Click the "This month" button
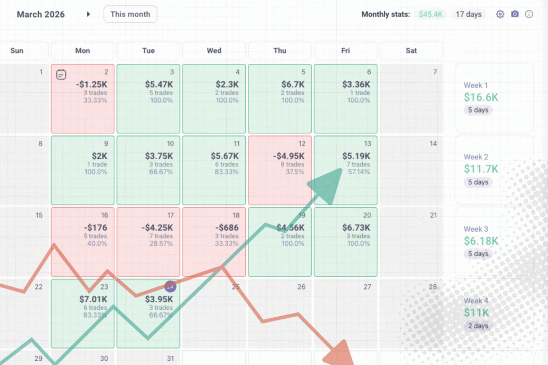pos(130,14)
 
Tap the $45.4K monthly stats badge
pos(430,14)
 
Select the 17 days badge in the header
pos(468,14)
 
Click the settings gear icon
pos(500,14)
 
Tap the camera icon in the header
pos(514,14)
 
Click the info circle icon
pos(529,14)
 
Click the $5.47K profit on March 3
pos(159,84)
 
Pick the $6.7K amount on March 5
pos(293,84)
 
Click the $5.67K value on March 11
pos(225,156)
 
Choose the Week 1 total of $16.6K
pos(481,97)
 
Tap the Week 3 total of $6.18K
pos(481,241)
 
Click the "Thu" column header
pos(280,51)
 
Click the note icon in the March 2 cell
pos(61,75)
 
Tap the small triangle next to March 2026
pos(88,14)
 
